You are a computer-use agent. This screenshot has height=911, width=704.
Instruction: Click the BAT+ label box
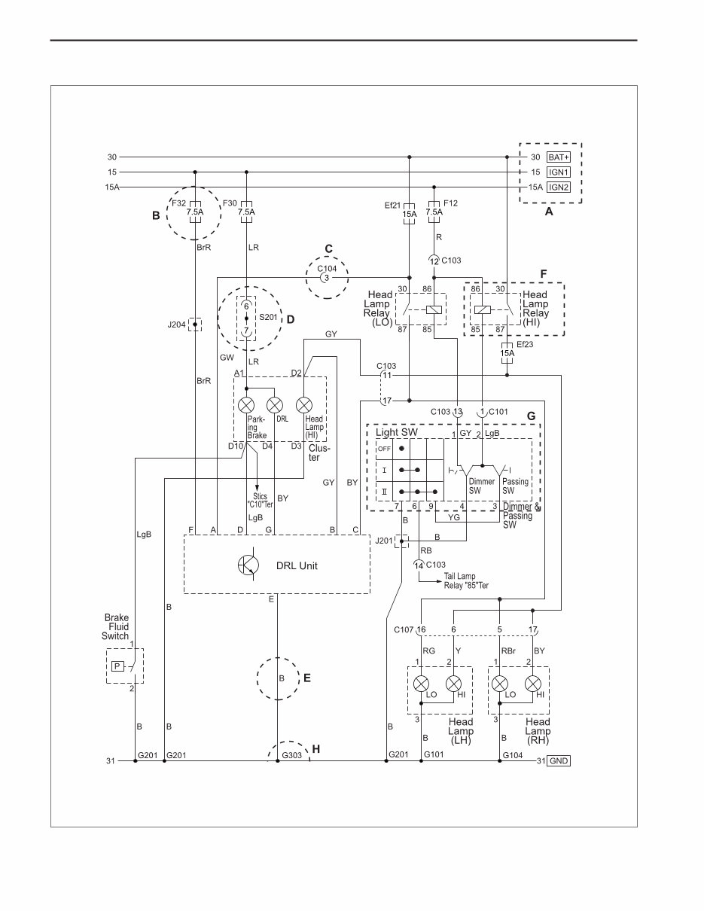(x=558, y=157)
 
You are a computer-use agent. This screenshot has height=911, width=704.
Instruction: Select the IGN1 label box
(x=558, y=172)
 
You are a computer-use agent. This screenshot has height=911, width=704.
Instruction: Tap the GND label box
(x=558, y=761)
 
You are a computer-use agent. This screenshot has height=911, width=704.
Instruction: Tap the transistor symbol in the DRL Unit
(x=248, y=565)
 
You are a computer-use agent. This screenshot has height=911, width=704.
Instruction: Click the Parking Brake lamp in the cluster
(x=246, y=405)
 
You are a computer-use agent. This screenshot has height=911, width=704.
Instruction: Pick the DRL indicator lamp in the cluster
(x=275, y=405)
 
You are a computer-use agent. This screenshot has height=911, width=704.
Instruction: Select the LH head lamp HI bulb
(x=454, y=684)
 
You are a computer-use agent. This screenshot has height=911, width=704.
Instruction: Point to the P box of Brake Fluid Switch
(x=117, y=666)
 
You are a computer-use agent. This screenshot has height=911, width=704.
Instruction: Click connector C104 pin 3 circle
(x=326, y=278)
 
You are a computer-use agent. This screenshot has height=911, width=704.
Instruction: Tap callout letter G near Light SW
(x=531, y=416)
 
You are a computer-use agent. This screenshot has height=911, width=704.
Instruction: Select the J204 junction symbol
(x=195, y=325)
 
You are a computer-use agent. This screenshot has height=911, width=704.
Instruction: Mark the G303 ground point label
(x=291, y=754)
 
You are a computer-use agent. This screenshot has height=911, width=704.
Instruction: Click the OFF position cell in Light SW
(x=384, y=448)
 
